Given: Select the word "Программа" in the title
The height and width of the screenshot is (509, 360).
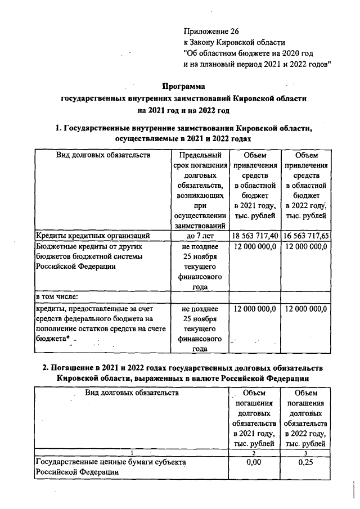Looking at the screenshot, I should click(x=184, y=87).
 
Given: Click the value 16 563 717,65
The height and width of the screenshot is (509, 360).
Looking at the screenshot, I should click(x=307, y=236).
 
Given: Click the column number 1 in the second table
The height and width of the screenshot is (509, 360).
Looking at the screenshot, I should click(x=131, y=453).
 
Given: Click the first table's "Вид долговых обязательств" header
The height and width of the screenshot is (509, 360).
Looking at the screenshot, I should click(x=103, y=155).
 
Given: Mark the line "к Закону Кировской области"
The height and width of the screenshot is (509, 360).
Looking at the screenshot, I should click(x=235, y=42).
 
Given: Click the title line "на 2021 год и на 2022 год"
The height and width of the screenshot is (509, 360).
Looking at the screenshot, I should click(x=183, y=110).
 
